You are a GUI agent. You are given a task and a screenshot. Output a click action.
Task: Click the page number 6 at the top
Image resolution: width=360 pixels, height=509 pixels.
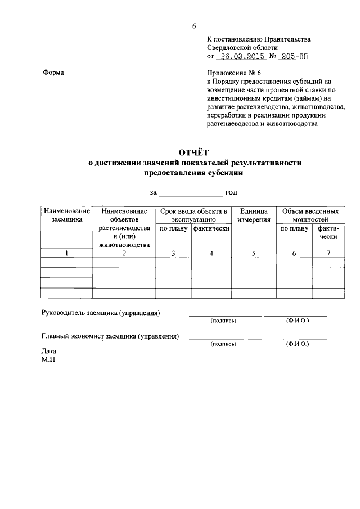[194, 26]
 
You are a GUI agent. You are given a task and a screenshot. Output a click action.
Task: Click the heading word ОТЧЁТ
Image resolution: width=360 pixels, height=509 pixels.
[193, 152]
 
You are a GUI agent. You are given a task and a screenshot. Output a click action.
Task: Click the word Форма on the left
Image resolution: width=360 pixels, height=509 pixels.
[53, 73]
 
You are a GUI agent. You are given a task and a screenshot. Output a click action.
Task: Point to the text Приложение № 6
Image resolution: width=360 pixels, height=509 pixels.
[234, 73]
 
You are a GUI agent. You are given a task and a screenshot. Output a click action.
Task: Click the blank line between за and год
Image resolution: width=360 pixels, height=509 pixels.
[191, 193]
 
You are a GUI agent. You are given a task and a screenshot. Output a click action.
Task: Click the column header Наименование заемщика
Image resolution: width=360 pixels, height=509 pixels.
[66, 215]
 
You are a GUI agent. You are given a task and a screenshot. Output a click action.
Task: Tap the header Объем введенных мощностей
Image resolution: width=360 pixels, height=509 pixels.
[310, 215]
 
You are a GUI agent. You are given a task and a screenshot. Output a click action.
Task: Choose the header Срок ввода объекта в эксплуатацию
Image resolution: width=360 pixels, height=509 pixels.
[193, 215]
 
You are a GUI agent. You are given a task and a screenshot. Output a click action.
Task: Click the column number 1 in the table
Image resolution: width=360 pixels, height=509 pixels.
[66, 253]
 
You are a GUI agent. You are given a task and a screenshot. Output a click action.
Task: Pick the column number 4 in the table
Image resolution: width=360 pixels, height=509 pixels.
[211, 253]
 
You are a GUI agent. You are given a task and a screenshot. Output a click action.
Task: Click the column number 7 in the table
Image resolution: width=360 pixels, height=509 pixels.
[328, 253]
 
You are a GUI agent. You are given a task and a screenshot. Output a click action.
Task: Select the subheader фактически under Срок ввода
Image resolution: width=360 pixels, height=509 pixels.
[211, 229]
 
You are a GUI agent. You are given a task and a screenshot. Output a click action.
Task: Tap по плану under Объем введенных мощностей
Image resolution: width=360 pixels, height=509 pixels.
[294, 229]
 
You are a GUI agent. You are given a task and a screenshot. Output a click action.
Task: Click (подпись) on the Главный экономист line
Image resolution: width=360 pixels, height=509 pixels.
[223, 343]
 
